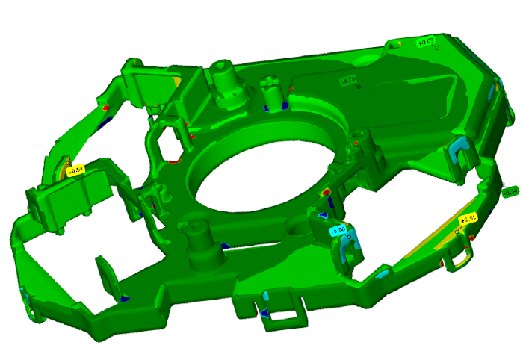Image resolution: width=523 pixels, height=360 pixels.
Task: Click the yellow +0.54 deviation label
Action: tap(75, 170)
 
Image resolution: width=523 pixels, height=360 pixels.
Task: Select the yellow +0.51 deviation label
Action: tap(468, 220)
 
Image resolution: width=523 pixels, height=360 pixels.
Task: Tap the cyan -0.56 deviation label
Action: tap(338, 231)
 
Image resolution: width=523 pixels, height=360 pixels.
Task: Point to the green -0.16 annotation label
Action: tap(348, 80)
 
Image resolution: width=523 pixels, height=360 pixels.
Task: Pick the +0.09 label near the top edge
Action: tap(426, 42)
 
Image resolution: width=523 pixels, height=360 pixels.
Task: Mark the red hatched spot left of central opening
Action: tap(175, 158)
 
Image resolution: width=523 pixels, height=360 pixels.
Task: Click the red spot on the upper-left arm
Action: tap(105, 108)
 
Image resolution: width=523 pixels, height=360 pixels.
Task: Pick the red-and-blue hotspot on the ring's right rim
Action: tap(327, 194)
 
